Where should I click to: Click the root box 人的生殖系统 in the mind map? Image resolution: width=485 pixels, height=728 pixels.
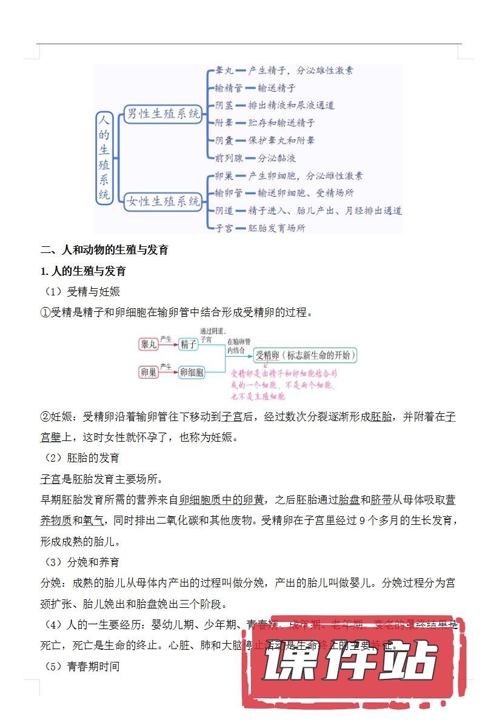[105, 158]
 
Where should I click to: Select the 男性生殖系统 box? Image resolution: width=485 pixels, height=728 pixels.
[162, 114]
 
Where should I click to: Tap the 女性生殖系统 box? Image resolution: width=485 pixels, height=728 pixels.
[162, 202]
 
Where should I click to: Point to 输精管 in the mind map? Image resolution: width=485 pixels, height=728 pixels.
[229, 88]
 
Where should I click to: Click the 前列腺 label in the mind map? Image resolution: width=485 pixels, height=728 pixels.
[229, 158]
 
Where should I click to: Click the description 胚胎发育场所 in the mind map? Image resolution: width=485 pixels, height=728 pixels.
[276, 228]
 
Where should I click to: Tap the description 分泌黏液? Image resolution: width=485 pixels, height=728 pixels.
[276, 158]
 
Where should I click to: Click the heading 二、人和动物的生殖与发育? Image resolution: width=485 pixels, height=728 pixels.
[104, 250]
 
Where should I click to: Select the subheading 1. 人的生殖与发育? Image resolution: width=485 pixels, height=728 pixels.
[83, 271]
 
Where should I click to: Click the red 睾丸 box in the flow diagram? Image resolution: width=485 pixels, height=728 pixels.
[149, 344]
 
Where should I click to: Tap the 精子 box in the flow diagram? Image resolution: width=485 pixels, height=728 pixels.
[189, 344]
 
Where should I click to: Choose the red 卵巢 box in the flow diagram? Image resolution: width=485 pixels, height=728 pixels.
[149, 372]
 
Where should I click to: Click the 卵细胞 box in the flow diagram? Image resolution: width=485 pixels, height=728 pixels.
[192, 372]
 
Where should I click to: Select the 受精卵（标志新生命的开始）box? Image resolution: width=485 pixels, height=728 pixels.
[305, 356]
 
